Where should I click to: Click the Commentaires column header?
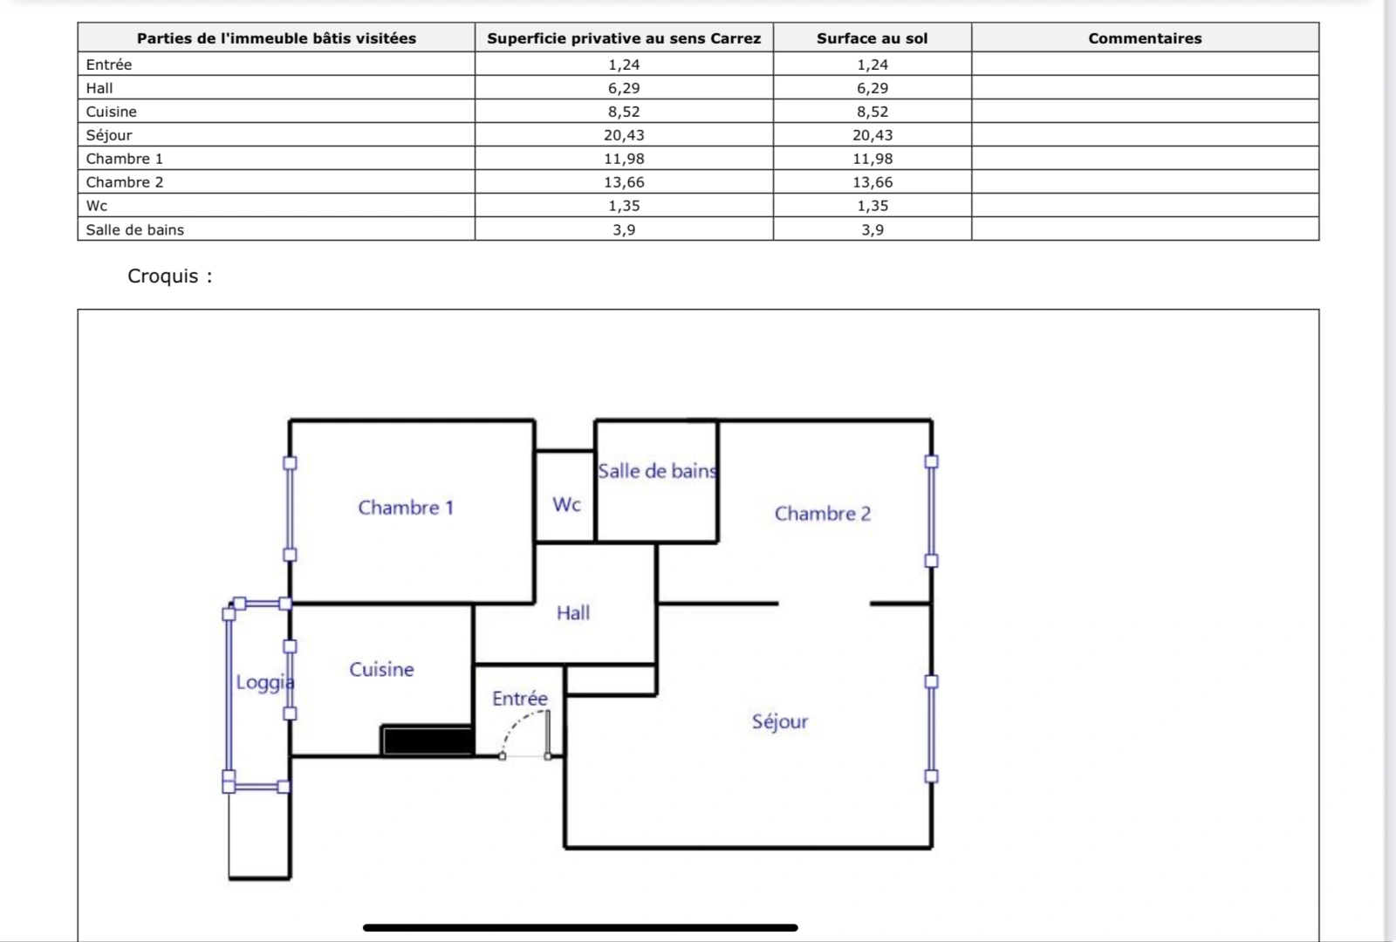tap(1144, 38)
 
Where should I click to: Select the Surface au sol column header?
tap(872, 38)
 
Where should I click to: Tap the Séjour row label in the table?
tap(109, 135)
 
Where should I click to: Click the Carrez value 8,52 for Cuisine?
tap(624, 112)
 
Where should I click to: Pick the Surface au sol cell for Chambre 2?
tap(872, 182)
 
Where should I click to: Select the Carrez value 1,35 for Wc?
tap(624, 206)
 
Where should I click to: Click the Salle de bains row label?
tap(135, 230)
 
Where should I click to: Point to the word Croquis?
tap(163, 276)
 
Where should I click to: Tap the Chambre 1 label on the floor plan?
tap(406, 508)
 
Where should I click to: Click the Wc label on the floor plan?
tap(566, 504)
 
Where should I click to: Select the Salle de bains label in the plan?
tap(658, 471)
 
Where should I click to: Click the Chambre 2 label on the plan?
tap(822, 514)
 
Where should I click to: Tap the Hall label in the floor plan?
tap(573, 613)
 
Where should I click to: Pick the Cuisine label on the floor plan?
tap(381, 669)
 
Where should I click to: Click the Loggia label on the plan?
tap(264, 682)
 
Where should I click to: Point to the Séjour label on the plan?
tap(780, 721)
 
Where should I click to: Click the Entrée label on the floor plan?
tap(520, 699)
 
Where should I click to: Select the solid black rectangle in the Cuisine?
tap(428, 741)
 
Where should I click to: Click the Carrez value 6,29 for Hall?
tap(624, 88)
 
